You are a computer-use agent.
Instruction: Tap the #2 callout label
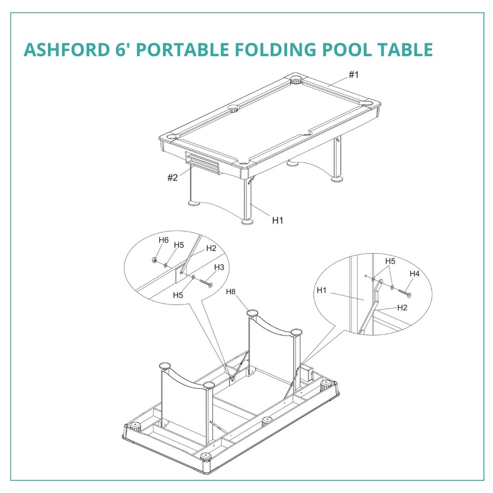[172, 178]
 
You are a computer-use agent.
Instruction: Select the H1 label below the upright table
[278, 220]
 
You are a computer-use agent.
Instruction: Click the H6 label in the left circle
[163, 240]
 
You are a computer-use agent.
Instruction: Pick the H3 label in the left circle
[219, 267]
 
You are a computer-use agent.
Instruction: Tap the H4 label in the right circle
[414, 274]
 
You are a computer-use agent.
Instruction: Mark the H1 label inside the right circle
[322, 290]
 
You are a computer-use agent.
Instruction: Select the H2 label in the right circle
[402, 308]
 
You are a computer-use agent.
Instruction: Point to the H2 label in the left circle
[211, 248]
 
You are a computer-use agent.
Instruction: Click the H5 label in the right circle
[390, 261]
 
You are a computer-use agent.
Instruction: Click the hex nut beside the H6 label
[154, 260]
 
